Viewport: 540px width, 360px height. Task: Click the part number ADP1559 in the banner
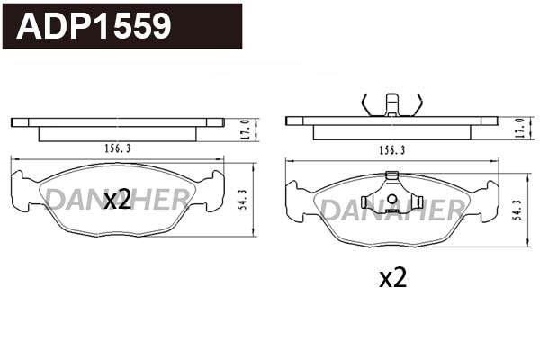[x=94, y=26]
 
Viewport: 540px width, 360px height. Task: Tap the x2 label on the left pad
[x=117, y=200]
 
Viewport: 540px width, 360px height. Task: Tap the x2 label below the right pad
[x=392, y=278]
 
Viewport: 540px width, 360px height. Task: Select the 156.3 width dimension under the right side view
[x=391, y=149]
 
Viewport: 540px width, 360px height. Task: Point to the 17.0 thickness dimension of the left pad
[x=245, y=128]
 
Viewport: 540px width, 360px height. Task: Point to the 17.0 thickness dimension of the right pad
[x=519, y=128]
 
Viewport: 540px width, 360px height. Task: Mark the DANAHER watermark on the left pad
[x=117, y=200]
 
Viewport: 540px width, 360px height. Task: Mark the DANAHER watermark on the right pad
[x=392, y=211]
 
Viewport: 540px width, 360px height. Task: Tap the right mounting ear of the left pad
[x=213, y=190]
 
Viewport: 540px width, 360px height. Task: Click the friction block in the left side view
[x=117, y=133]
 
